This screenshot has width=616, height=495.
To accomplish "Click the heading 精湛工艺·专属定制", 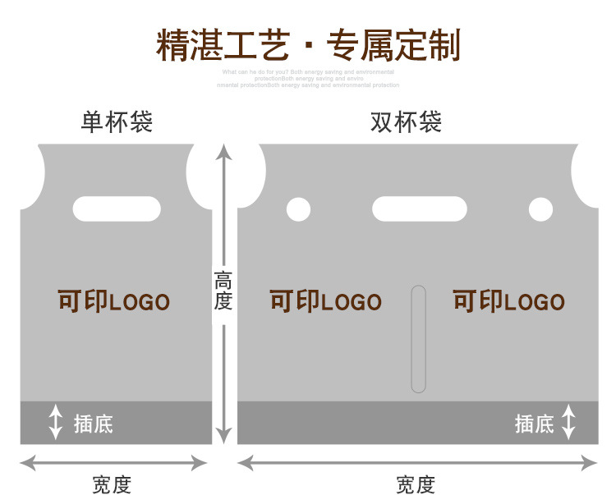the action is coord(308,45).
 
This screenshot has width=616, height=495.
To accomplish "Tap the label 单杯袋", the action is coord(117,122).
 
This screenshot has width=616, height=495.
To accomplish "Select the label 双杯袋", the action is coord(406,122).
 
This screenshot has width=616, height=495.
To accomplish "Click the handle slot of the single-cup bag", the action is coord(117,209).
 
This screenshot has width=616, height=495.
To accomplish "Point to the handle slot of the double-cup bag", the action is coord(420,209).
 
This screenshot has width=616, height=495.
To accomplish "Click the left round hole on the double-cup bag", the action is coord(298,210).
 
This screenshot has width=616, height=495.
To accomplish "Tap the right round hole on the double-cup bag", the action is coord(540,210).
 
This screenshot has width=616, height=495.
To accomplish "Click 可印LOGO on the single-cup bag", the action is coord(113,301).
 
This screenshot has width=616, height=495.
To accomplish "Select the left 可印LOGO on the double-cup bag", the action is coord(325,301).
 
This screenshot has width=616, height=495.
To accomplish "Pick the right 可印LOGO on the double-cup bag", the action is coord(508,301).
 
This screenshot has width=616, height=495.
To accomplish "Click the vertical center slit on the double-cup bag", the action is coord(419,338).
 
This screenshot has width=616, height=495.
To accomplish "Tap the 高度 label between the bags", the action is coord(223,291).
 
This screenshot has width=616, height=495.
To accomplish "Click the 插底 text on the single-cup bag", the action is coord(93,424).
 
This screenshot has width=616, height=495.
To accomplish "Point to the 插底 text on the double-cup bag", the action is coord(534,424).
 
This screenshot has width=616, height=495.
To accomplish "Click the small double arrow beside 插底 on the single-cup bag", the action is coord(55,422).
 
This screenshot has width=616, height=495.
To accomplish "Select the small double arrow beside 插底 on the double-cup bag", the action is coord(568,422).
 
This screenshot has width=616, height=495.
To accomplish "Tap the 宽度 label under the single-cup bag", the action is coord(112,484).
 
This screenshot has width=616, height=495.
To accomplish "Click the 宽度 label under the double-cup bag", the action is coord(416,484).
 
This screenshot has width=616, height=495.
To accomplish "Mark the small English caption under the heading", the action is coord(308,79).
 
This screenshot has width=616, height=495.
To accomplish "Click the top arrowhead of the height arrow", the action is coord(223,151).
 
